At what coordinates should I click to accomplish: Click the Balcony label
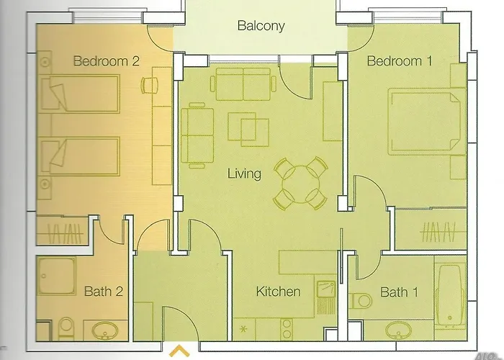pos(261,27)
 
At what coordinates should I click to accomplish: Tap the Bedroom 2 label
pos(106,62)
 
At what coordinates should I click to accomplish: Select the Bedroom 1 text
pos(399,62)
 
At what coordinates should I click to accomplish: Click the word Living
pos(244,174)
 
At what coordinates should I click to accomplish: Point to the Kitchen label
pos(279,292)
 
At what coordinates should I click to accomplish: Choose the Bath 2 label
pos(104,292)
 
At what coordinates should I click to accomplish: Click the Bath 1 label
pos(399,292)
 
